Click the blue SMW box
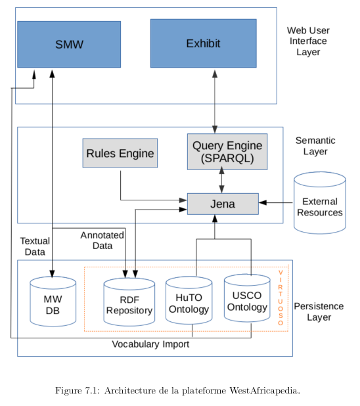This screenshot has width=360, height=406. [69, 44]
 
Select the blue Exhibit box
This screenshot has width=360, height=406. [204, 43]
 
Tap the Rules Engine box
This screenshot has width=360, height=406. [120, 153]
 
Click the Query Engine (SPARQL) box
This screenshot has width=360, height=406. [227, 152]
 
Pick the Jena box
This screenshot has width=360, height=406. [223, 204]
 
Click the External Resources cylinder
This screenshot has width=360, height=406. [320, 203]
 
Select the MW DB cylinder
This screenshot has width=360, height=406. [53, 302]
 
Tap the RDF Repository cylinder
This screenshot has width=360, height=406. [129, 302]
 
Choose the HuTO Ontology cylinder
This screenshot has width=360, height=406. [189, 300]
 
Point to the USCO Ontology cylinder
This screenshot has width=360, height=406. [248, 298]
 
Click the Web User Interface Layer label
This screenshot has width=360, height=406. [308, 41]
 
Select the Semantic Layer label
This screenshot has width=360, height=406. [315, 146]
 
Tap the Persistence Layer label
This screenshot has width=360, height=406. [319, 311]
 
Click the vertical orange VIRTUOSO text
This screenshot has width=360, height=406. [281, 298]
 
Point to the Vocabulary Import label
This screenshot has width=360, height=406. [150, 344]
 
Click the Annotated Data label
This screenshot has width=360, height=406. [102, 240]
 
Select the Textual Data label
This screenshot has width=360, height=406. [35, 246]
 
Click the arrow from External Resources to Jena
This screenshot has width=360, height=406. [276, 203]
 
